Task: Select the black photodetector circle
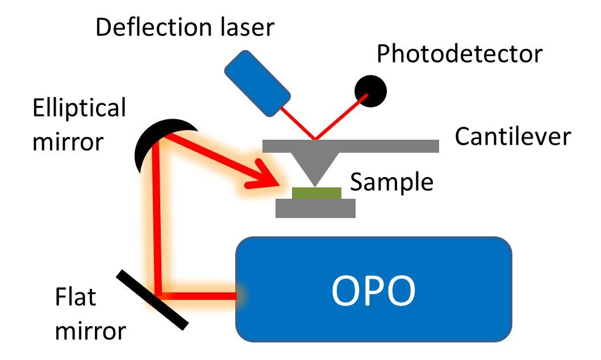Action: coord(370,89)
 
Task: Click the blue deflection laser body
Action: coord(257,79)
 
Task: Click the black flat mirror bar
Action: coord(152,299)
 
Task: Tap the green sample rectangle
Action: coord(316,193)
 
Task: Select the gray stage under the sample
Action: coord(315,208)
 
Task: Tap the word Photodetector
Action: coord(460,55)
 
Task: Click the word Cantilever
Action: coord(512,136)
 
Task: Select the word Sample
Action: coord(391,182)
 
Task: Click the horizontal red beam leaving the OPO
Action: coord(199,296)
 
